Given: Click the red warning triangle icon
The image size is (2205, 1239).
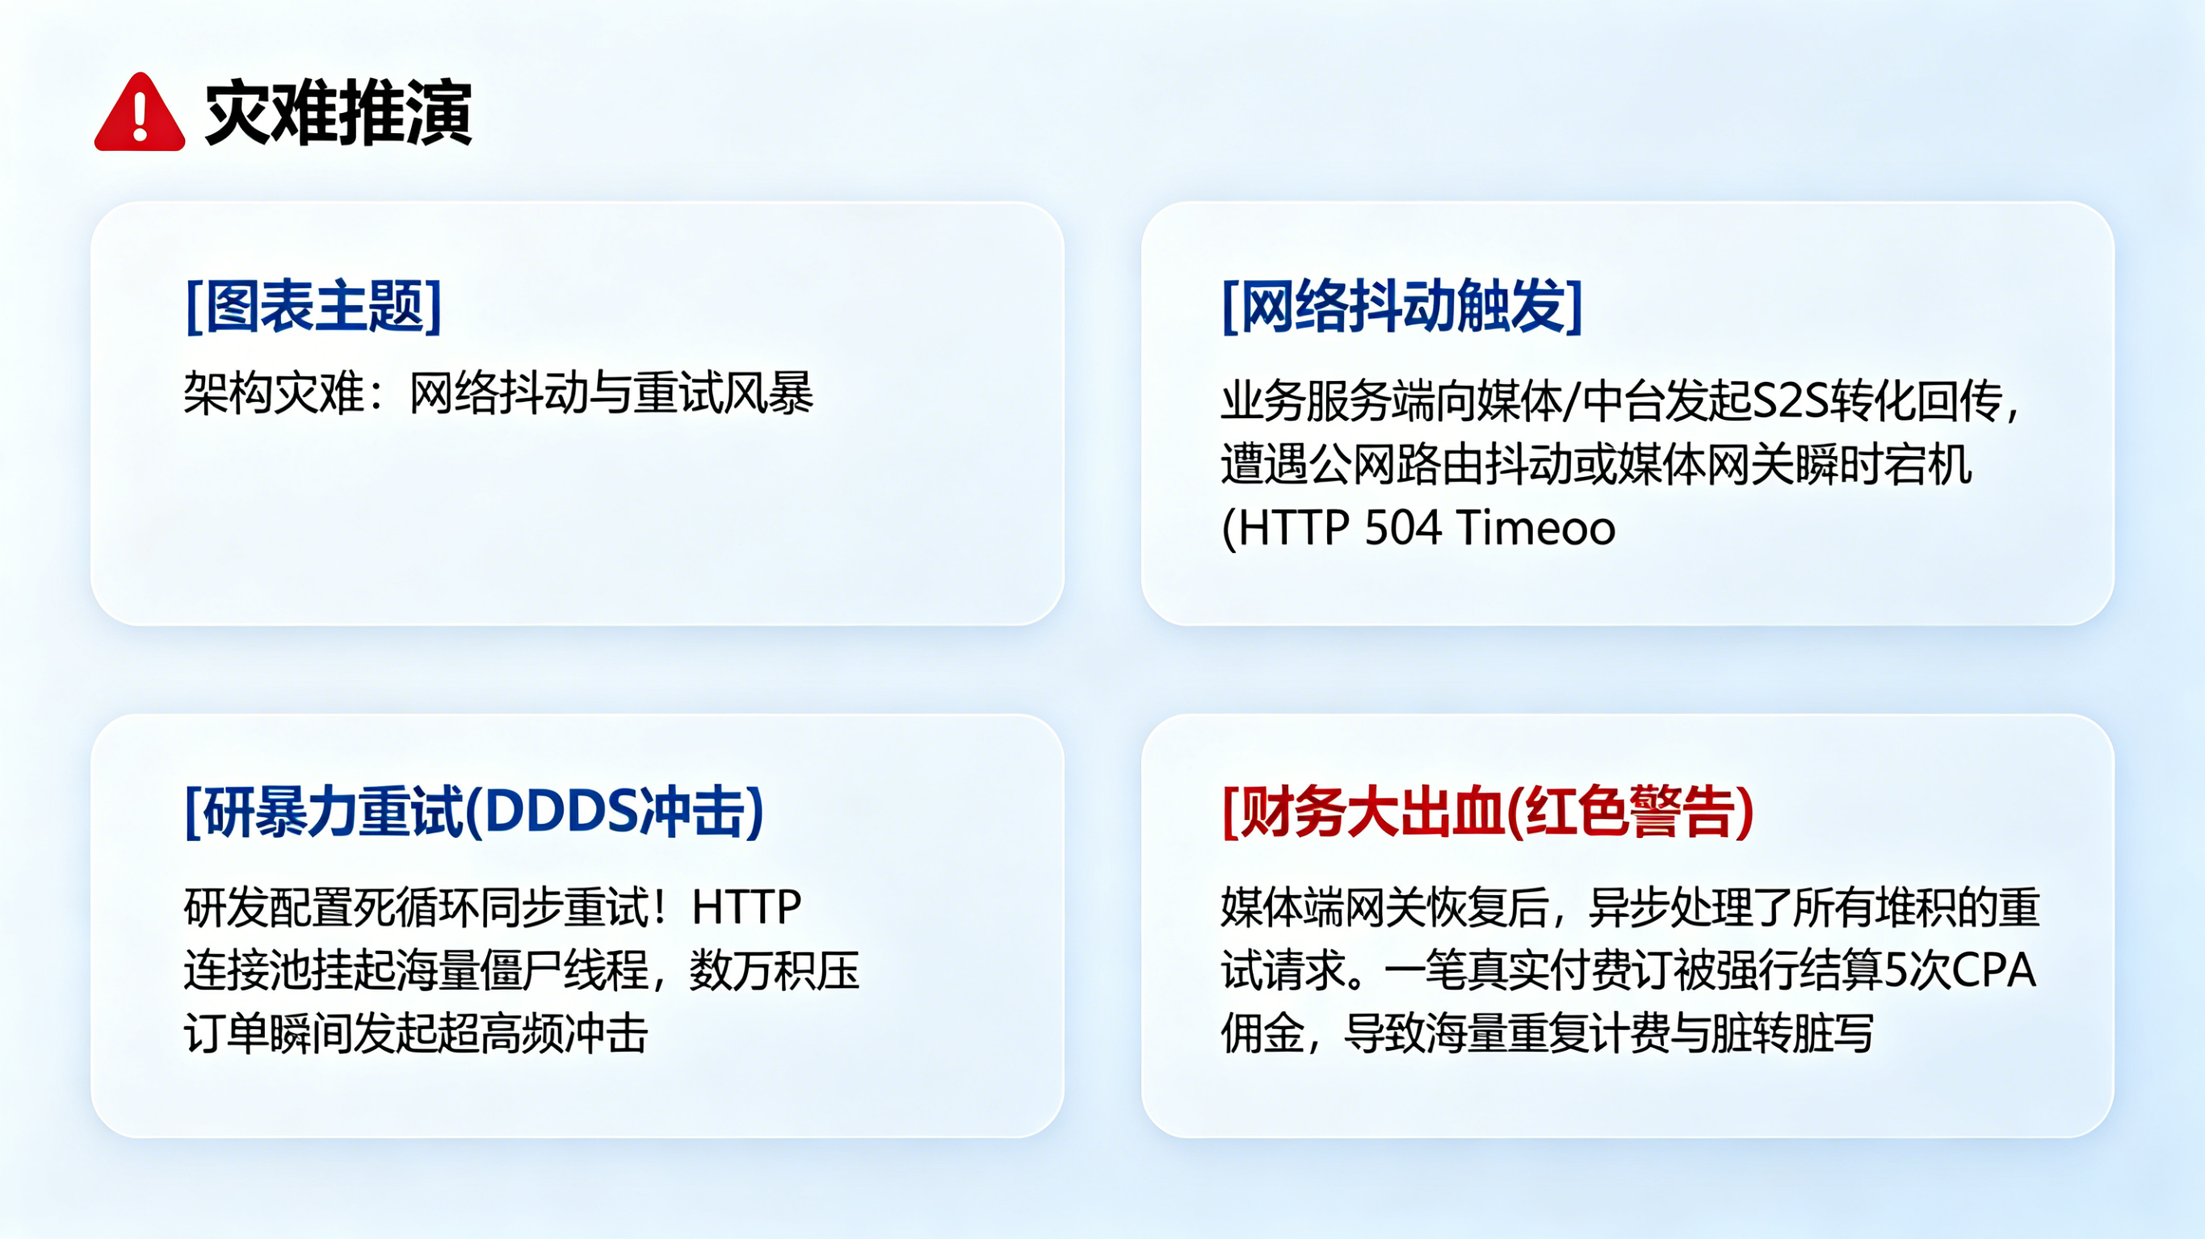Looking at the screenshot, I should coord(140,113).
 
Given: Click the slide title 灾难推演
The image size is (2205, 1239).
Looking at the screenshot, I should coord(338,113).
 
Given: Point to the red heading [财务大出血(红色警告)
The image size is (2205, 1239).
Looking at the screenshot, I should coord(1488,811).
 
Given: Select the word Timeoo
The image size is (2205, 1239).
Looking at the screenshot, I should coord(1535,527).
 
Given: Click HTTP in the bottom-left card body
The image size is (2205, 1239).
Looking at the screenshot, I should coord(746,907).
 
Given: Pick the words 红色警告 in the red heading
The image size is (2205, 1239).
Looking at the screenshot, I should coord(1631,811).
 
